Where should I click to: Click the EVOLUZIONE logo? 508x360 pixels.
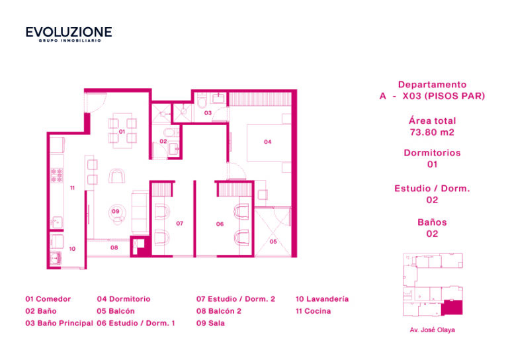(x=69, y=34)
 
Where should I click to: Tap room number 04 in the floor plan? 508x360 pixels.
(x=268, y=142)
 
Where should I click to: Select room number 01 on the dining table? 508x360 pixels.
(x=122, y=132)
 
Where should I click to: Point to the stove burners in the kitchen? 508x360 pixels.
(x=57, y=175)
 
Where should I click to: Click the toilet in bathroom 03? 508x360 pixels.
(x=202, y=101)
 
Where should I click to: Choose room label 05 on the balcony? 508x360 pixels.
(x=273, y=242)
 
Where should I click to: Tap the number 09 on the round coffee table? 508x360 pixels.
(x=116, y=211)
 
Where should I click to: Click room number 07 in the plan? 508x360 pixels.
(x=179, y=223)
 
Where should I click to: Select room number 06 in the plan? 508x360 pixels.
(x=220, y=224)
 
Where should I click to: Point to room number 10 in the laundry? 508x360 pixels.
(x=72, y=249)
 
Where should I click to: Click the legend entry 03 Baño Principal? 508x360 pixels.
(x=59, y=323)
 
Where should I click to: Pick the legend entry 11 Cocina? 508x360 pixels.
(x=314, y=311)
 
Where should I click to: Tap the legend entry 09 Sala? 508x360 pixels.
(x=210, y=323)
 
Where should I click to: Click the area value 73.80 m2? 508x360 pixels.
(x=432, y=132)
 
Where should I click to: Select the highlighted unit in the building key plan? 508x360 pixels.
(x=452, y=308)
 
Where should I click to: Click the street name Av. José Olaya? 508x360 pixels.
(x=432, y=330)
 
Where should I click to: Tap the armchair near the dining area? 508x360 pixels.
(x=117, y=176)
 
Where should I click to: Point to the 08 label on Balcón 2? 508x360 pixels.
(x=114, y=247)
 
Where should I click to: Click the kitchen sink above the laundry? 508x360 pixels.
(x=57, y=222)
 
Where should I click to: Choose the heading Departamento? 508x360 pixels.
(x=432, y=85)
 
